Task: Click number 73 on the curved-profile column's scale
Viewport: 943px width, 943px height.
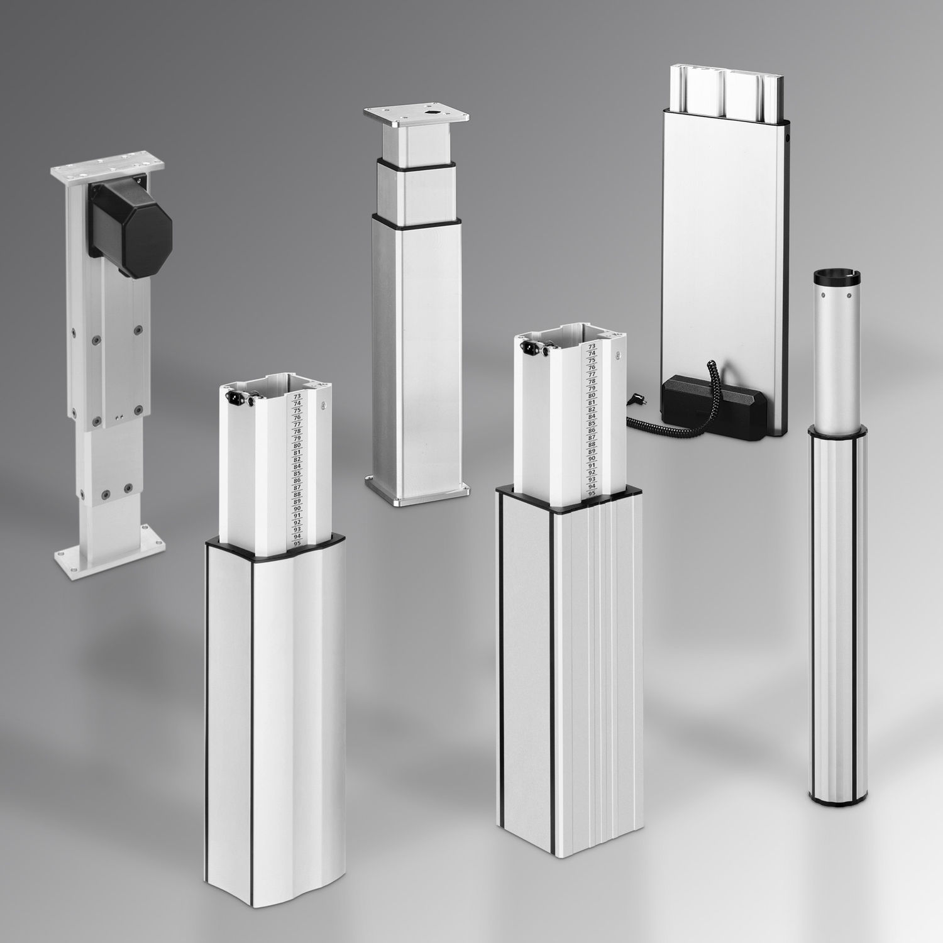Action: click(x=297, y=397)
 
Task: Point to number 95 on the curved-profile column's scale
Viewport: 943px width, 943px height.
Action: click(x=297, y=543)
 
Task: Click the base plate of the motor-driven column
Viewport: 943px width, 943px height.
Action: click(x=110, y=557)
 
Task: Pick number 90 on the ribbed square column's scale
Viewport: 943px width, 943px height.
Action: click(x=592, y=459)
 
